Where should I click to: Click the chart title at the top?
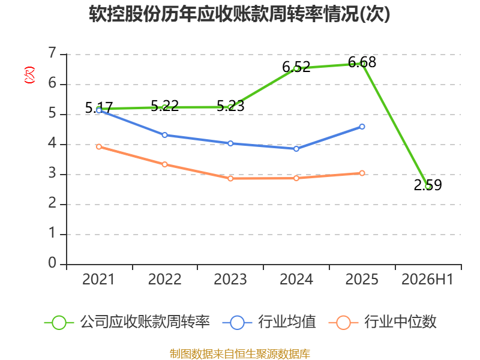point(239,14)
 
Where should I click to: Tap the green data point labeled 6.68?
point(362,64)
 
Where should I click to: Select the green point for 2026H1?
point(428,187)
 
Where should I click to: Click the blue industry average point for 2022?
point(164,135)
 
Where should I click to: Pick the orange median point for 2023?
point(230,178)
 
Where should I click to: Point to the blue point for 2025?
point(362,127)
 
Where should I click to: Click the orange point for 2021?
point(99,147)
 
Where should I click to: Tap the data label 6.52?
point(296,67)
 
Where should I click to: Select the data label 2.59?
point(428,185)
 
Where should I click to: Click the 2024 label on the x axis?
point(296,279)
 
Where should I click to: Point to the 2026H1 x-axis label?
point(427,279)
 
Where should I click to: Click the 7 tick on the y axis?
point(52,53)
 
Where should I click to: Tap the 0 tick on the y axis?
point(52,263)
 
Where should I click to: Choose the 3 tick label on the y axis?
point(52,173)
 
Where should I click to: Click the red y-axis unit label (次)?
point(29,74)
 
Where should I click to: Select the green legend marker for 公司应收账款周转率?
point(59,323)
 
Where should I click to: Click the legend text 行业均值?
point(287,322)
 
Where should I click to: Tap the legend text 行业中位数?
point(400,322)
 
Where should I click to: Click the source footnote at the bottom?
point(239,354)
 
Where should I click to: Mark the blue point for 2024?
point(296,149)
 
